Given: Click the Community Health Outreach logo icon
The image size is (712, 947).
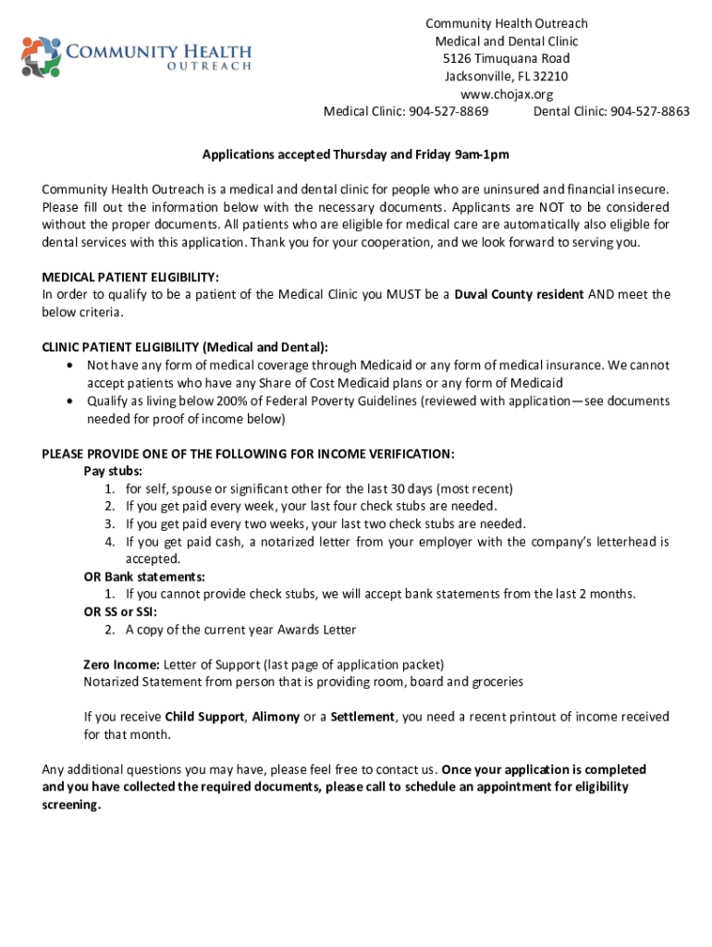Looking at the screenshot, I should point(41,57).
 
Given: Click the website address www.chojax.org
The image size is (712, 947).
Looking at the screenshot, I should point(506,94).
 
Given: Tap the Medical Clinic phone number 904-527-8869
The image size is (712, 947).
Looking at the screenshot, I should point(448,112).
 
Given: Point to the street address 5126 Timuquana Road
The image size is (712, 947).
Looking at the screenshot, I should point(506,59).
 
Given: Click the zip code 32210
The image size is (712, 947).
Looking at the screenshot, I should point(549,77).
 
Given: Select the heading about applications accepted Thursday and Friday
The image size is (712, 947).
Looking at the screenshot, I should point(356,154).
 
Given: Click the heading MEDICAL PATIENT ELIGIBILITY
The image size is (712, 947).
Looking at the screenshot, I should point(130,277).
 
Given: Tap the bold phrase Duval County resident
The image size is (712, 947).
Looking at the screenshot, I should point(519,294).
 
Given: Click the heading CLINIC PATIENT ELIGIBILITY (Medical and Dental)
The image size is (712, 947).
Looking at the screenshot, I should point(185,348).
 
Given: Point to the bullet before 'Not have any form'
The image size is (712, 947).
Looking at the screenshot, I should point(70,365).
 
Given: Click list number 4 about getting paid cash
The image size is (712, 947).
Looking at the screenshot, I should point(109,542).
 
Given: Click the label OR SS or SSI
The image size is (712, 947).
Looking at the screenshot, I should point(120,612).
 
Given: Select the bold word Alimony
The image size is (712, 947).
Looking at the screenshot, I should point(276,717).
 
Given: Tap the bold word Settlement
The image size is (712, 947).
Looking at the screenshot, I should point(362,717).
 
